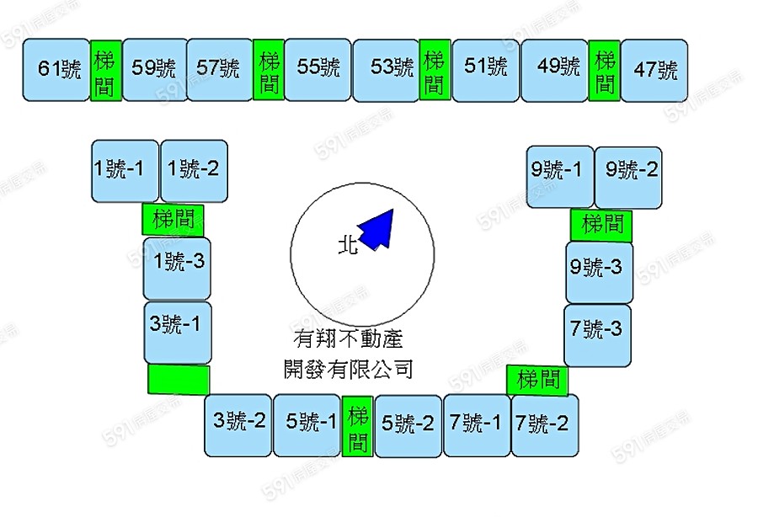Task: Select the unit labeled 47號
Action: pos(655,69)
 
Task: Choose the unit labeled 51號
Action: pos(486,67)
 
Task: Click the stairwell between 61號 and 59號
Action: pos(106,71)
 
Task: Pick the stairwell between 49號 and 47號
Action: pos(605,71)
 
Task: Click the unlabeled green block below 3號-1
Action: pos(179,379)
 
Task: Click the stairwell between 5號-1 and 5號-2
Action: pos(359,428)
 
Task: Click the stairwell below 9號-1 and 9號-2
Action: pos(601,224)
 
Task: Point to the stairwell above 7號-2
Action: pos(538,379)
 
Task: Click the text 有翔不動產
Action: pos(348,339)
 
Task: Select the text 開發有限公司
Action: pos(348,368)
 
